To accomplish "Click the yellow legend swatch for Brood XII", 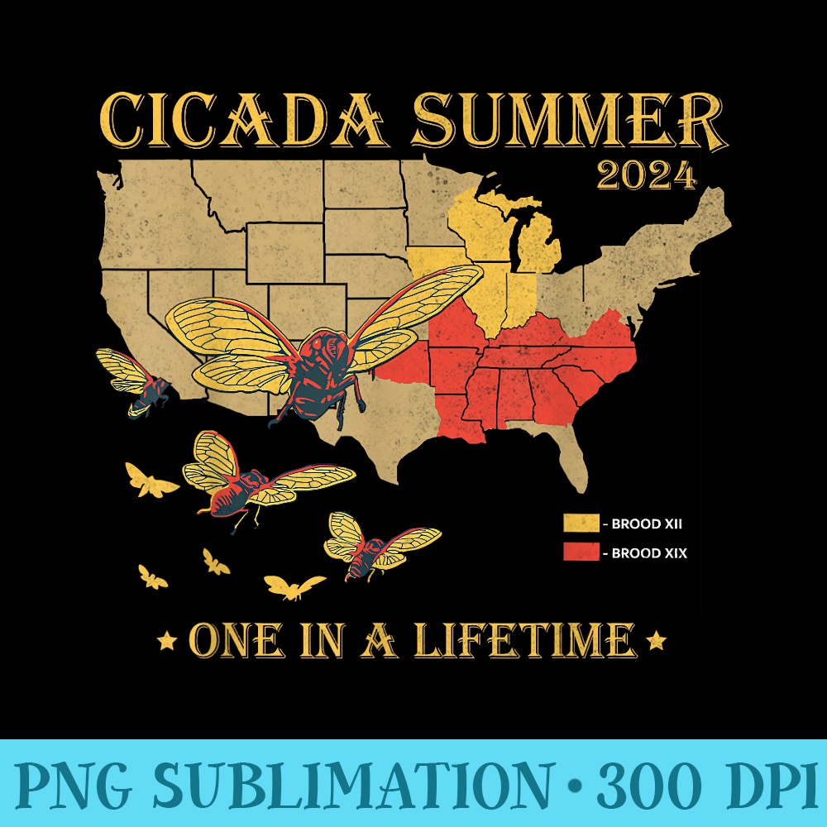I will (x=581, y=523).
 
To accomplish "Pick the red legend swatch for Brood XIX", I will (x=581, y=552).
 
